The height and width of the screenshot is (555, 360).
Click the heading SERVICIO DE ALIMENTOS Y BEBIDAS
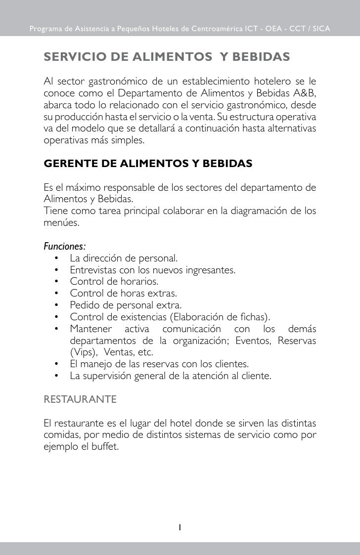[167, 57]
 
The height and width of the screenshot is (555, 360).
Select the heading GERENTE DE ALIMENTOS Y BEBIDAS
[148, 164]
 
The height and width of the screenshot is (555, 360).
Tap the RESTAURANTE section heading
[80, 399]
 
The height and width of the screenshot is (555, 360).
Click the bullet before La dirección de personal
[57, 258]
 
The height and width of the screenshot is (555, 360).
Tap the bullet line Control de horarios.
[114, 282]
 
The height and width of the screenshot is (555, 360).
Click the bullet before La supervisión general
[57, 377]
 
